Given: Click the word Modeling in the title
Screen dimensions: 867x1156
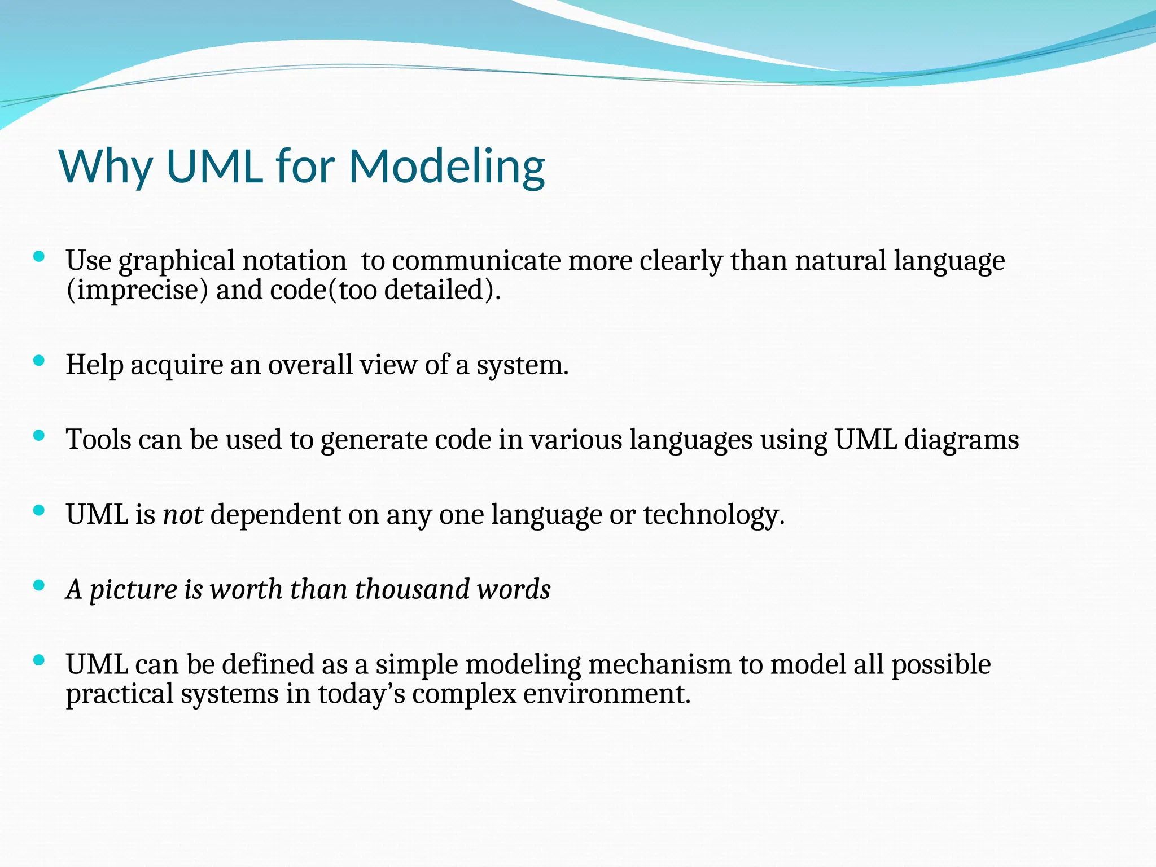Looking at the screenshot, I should [446, 167].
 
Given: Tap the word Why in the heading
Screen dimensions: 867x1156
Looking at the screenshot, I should [106, 167].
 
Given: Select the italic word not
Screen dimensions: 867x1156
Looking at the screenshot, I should [183, 515].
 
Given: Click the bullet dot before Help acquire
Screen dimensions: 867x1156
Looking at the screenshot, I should [39, 361].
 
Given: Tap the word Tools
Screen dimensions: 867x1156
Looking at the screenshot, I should [98, 440].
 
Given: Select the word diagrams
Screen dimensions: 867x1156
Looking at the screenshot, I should [961, 440].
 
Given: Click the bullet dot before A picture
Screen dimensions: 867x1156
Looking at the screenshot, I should [39, 585].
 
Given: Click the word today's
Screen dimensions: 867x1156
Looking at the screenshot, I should [361, 694].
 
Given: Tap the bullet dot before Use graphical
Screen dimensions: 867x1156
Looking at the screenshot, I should [39, 257].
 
